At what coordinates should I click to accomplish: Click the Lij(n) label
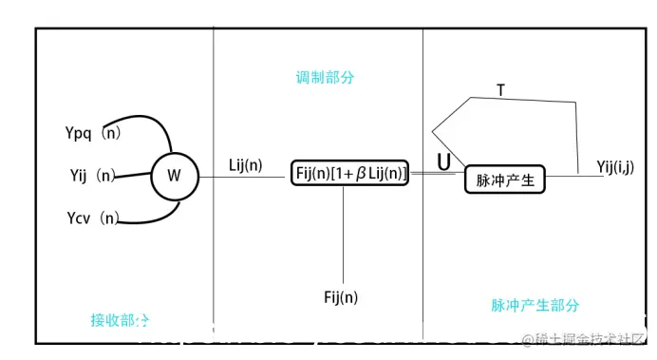point(246,165)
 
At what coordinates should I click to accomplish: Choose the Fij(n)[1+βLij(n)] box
point(349,173)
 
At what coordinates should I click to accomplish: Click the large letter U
point(443,162)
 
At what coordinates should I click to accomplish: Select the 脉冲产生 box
point(506,179)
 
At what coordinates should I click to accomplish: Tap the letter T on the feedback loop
point(500,90)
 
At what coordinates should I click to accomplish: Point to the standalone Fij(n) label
point(341,297)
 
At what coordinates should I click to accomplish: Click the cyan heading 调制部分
point(325,77)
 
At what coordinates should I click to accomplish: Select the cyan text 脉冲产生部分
point(535,306)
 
